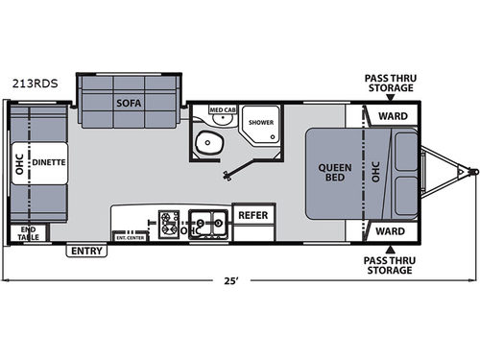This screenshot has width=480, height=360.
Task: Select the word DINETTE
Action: tap(49, 163)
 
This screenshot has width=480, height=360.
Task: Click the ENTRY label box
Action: tap(85, 251)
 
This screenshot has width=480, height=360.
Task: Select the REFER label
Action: tap(252, 215)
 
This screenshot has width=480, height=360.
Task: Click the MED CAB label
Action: tap(224, 111)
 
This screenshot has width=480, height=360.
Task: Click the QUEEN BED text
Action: tap(333, 172)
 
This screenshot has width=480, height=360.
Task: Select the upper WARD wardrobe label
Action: tap(389, 116)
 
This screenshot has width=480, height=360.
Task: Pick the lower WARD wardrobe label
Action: tap(389, 230)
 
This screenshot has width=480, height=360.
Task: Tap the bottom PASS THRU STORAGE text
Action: tap(389, 265)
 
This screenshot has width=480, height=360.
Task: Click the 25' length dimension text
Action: tap(231, 282)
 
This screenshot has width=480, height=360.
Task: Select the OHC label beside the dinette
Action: tap(20, 163)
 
